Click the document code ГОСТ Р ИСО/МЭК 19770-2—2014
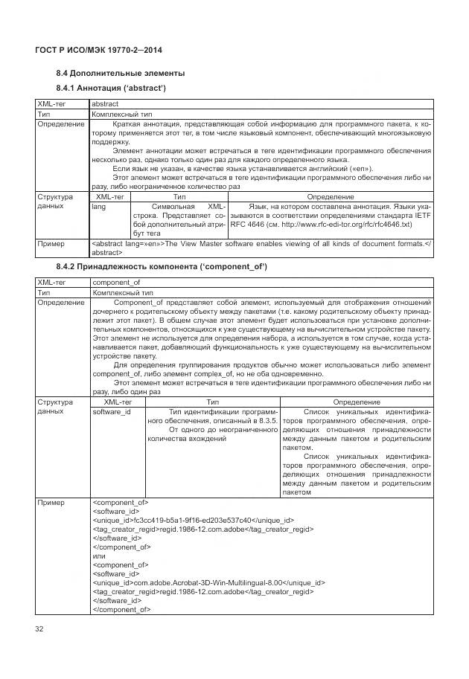click(x=99, y=50)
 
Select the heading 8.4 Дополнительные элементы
click(x=121, y=74)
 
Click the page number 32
click(x=40, y=630)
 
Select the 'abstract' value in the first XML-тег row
click(x=103, y=105)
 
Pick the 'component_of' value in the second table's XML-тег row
click(x=115, y=283)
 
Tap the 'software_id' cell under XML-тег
click(x=111, y=411)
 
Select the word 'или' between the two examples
click(x=98, y=556)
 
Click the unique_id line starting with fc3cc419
click(x=192, y=520)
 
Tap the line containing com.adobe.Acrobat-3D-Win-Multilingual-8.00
click(x=208, y=582)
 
